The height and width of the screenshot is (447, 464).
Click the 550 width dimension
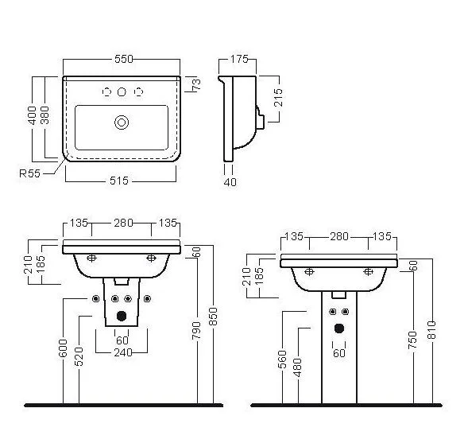(x=124, y=59)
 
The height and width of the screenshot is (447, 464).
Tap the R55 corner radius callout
(x=29, y=173)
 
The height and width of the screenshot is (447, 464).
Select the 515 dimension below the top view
(x=119, y=181)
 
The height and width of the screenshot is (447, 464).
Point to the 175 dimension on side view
(x=239, y=59)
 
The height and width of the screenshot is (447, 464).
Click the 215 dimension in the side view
(x=278, y=98)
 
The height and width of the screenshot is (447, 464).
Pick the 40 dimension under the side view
(x=230, y=182)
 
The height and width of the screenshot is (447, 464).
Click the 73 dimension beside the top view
(x=196, y=84)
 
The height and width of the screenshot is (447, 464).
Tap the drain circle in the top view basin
(x=122, y=122)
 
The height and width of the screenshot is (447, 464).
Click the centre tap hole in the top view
(x=122, y=91)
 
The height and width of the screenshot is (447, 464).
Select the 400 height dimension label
(x=32, y=115)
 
